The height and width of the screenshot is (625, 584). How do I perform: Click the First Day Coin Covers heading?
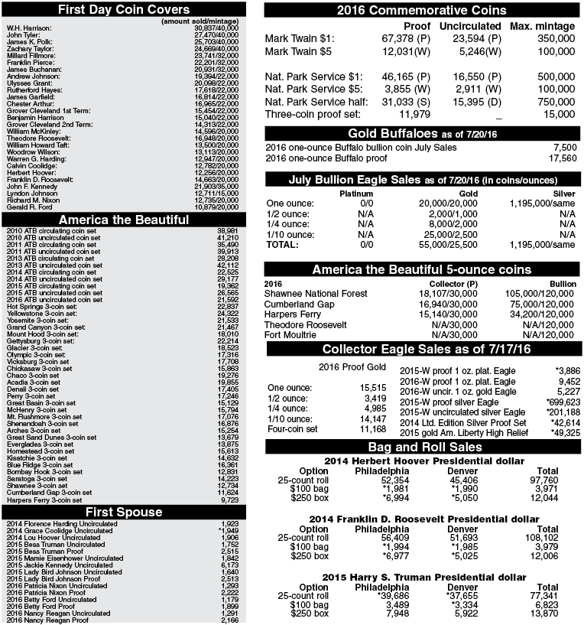[x=125, y=9]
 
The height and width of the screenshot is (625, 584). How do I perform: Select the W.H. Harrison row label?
[x=29, y=28]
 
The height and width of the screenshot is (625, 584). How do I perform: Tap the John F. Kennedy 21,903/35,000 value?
[x=216, y=187]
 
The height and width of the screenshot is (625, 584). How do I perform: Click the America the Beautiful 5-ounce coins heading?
[x=421, y=269]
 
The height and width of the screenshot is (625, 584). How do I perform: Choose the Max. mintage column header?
[x=542, y=26]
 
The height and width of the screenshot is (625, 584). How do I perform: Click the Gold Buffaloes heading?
[x=421, y=134]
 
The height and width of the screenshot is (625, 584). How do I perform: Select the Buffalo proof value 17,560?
[x=562, y=158]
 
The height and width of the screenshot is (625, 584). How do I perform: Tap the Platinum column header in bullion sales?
[x=355, y=194]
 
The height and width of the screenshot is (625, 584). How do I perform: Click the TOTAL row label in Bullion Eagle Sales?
[x=283, y=245]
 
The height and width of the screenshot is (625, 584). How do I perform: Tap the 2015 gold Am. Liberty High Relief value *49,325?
[x=565, y=432]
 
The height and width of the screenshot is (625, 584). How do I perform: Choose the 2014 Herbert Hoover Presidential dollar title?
[x=423, y=461]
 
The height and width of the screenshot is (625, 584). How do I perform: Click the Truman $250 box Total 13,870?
[x=547, y=614]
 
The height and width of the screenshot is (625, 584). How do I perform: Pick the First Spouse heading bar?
[x=125, y=511]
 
